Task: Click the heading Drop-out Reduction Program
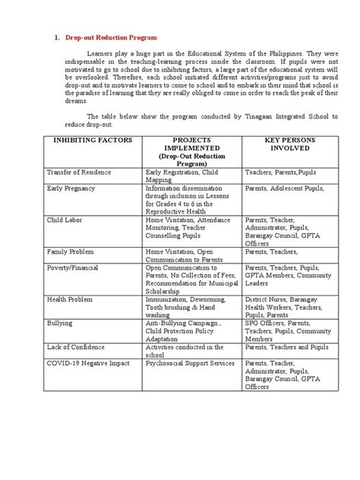tap(112, 36)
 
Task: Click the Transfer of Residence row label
tap(79, 172)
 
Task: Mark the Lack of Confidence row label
tap(78, 346)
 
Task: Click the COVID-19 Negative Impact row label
tap(88, 363)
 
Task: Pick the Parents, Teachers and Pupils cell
tap(286, 347)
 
